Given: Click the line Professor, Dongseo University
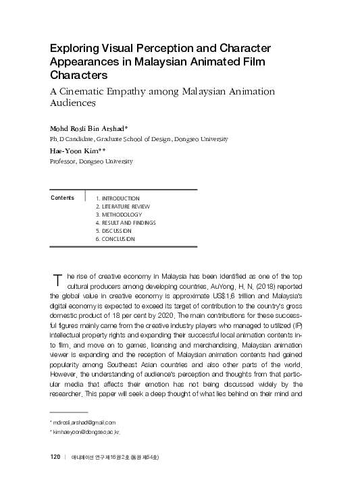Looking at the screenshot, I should tap(92, 162).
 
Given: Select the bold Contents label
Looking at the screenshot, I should tap(63, 198).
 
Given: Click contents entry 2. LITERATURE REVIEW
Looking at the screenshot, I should tap(123, 207).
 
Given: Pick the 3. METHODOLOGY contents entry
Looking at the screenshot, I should tap(119, 215).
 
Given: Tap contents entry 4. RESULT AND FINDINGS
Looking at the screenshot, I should tap(126, 223).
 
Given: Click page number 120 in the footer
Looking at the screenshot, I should tap(56, 457).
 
